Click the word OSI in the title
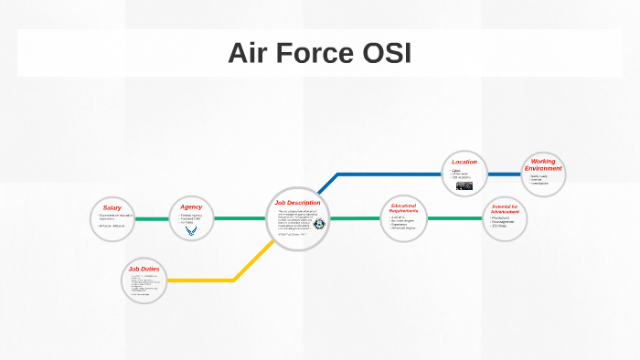[x=384, y=53]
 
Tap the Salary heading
[x=112, y=208]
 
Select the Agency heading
[x=191, y=206]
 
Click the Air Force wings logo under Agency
[x=191, y=231]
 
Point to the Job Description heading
[x=298, y=202]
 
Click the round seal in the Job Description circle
[x=319, y=224]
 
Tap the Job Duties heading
[x=144, y=269]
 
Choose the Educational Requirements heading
[x=403, y=208]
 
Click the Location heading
[x=464, y=162]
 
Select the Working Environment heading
[x=543, y=165]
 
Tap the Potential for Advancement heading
[x=504, y=209]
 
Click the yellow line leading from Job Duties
[x=210, y=280]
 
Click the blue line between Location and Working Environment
[x=504, y=174]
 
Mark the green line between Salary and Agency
[x=151, y=219]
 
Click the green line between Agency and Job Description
[x=240, y=219]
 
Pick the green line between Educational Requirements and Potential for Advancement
[x=454, y=219]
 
